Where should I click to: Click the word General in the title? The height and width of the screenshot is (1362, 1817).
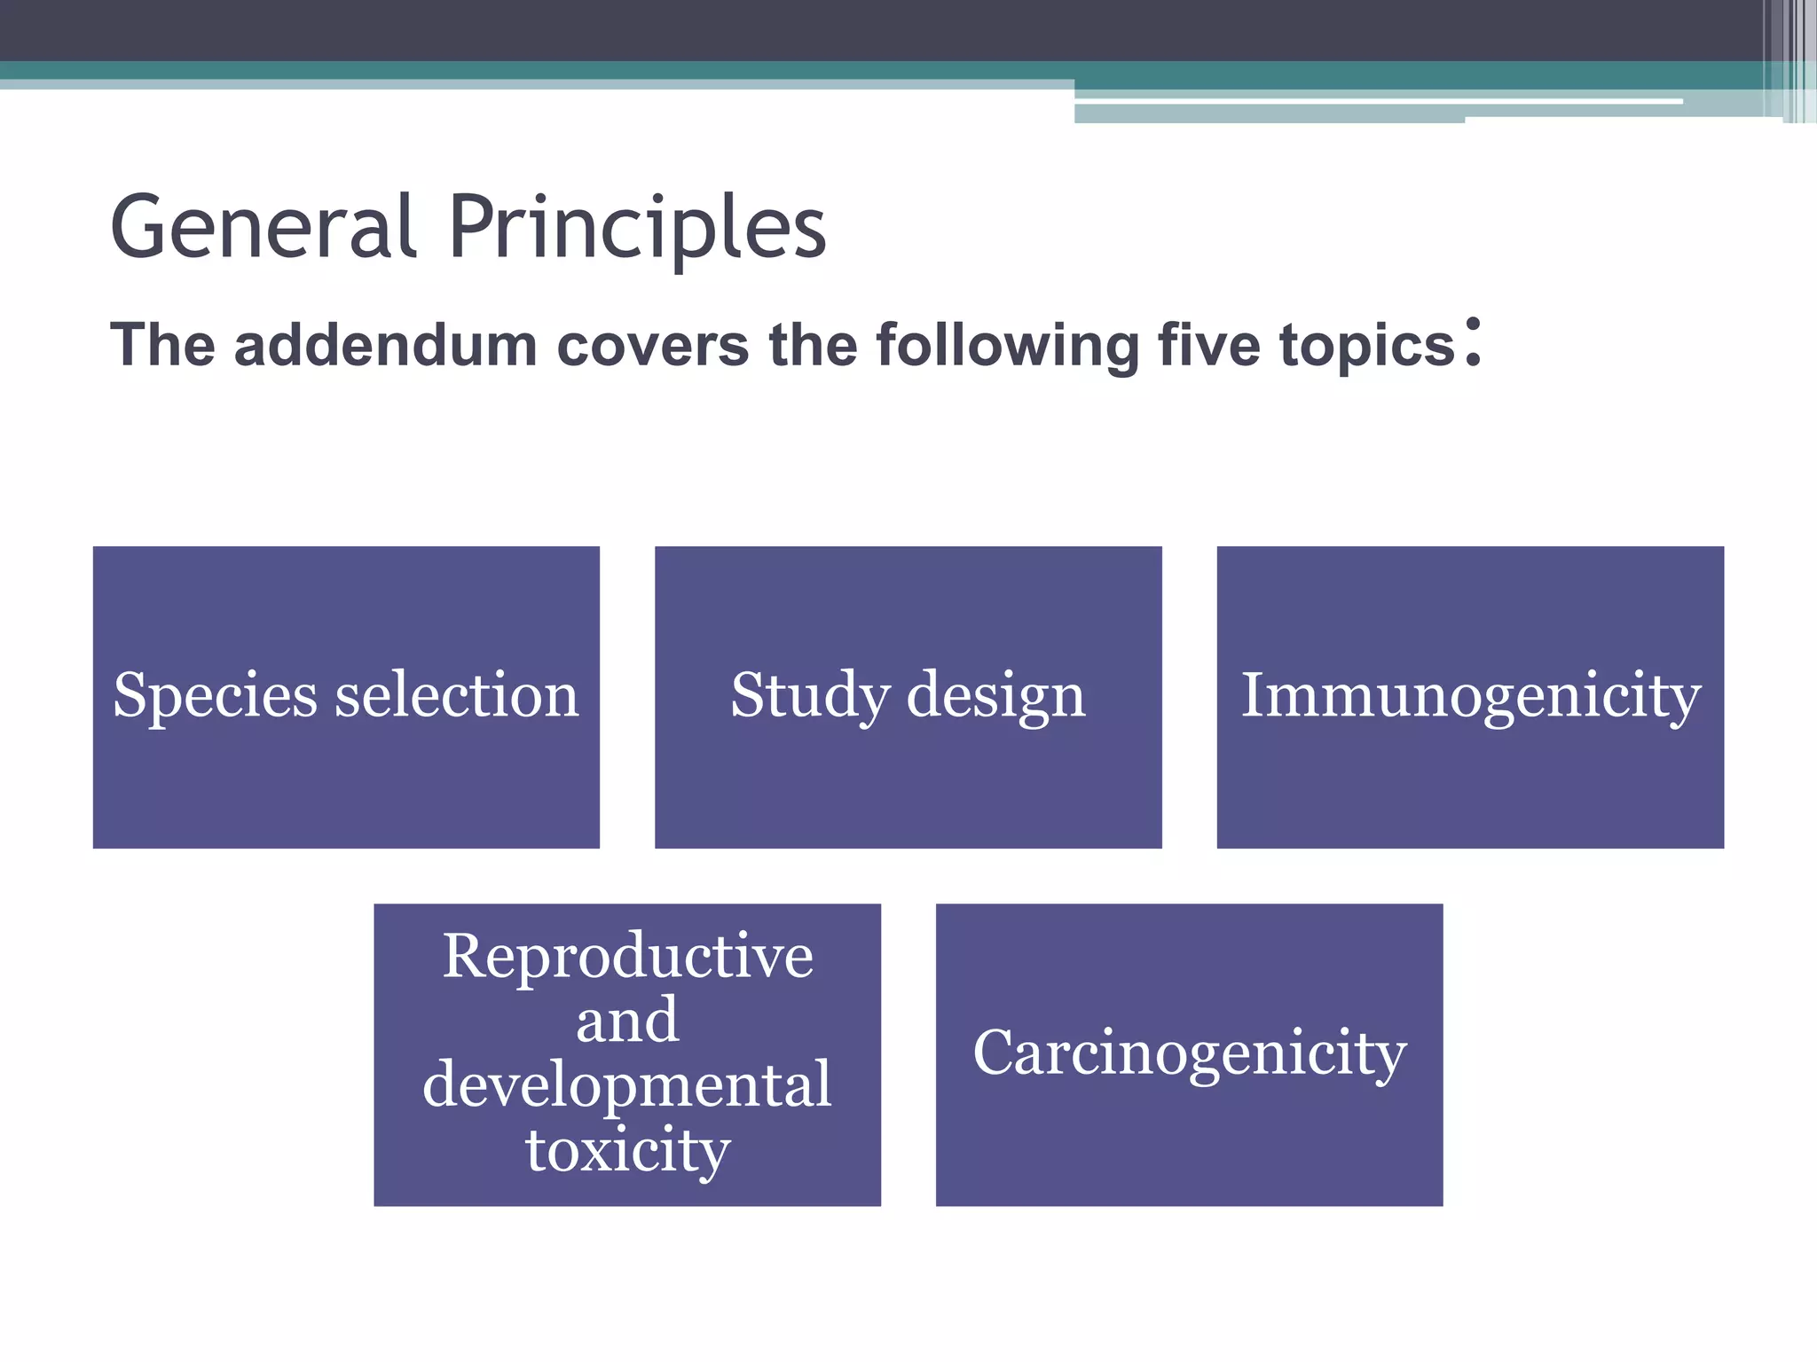coord(263,228)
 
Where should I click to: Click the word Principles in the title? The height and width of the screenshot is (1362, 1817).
coord(637,228)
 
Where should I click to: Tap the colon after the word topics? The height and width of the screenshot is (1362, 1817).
coord(1473,342)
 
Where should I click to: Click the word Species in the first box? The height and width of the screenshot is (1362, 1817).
coord(215,695)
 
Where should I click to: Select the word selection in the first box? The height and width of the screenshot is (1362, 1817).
coord(457,695)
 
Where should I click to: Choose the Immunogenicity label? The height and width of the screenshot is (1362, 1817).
coord(1470,695)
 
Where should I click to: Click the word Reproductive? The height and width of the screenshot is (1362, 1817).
coord(627,956)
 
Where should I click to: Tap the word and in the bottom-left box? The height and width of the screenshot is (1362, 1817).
coord(627,1021)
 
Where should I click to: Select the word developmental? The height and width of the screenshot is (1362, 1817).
coord(627,1084)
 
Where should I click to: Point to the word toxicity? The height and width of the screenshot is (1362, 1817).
coord(627,1150)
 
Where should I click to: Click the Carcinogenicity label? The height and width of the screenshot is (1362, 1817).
coord(1190,1053)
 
